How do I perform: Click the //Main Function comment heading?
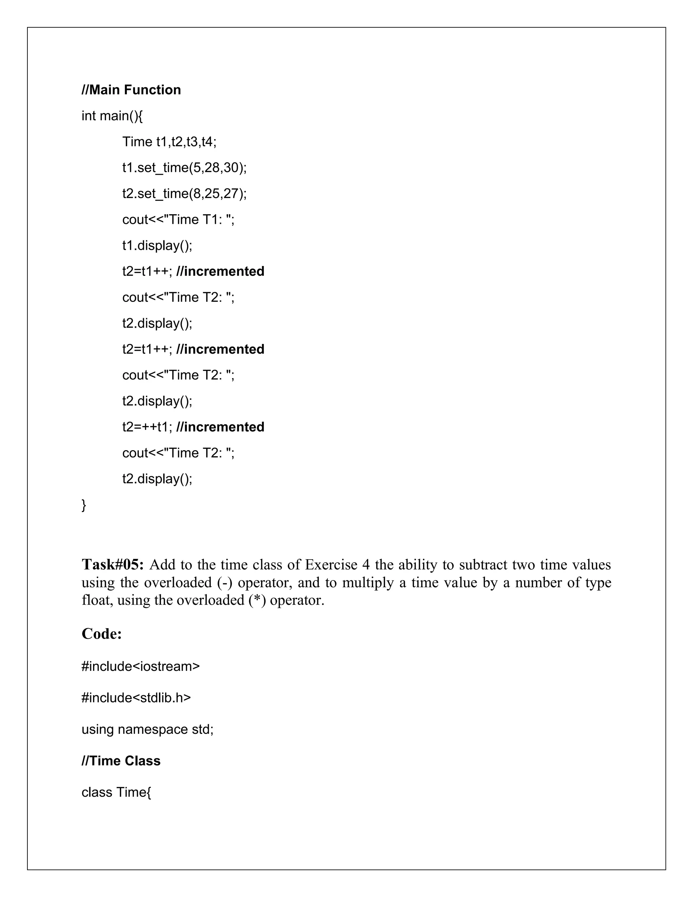click(131, 90)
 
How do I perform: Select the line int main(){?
click(112, 116)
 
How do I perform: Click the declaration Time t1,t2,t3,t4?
click(169, 142)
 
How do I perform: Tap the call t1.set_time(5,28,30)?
click(184, 168)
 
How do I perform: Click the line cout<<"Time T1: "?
click(178, 220)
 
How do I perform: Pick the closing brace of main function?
click(84, 505)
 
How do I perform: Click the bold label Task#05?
click(112, 565)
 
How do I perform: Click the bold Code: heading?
click(102, 634)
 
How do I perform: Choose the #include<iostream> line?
click(140, 666)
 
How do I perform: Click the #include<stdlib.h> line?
click(136, 698)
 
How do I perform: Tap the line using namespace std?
click(148, 729)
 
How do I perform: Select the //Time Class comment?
click(121, 761)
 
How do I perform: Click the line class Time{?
click(116, 792)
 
